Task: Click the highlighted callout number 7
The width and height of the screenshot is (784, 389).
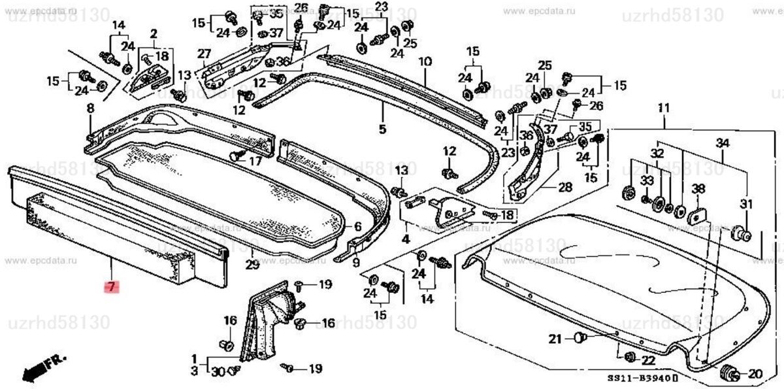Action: [111, 287]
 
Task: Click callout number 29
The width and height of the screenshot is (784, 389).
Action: [252, 265]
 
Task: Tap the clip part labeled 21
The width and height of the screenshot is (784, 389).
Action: [580, 337]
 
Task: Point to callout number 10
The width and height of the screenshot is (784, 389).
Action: [425, 63]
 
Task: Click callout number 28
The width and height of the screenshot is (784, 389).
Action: [564, 187]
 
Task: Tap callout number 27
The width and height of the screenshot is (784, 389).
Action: [204, 54]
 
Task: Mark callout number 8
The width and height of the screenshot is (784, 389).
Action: [90, 108]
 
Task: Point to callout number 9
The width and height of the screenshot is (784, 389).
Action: [355, 263]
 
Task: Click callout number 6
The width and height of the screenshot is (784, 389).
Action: [357, 227]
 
